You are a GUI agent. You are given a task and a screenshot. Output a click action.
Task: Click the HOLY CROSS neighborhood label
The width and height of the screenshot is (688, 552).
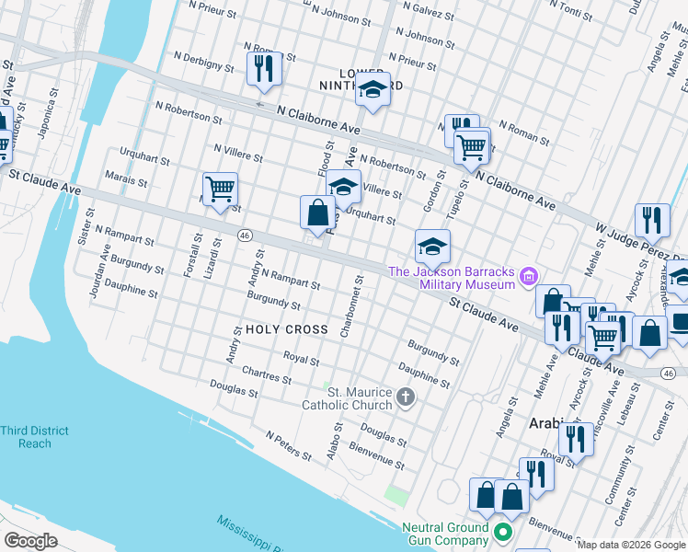[x=285, y=329]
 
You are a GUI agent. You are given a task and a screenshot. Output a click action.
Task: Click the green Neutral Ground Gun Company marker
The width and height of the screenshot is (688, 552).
[x=502, y=533]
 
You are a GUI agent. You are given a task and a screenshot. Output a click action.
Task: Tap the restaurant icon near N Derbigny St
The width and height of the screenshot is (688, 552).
[x=264, y=68]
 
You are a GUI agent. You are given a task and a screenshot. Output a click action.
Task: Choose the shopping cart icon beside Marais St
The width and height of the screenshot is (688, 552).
[x=220, y=190]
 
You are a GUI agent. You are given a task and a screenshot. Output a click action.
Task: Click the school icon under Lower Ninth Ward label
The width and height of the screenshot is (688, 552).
[x=373, y=89]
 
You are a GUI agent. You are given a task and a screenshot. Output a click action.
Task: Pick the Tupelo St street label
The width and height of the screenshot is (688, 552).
[x=464, y=196]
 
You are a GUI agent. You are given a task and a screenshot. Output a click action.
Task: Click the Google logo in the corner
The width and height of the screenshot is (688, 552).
[x=31, y=540]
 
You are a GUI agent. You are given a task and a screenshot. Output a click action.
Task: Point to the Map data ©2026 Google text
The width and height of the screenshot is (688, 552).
[x=631, y=545]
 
